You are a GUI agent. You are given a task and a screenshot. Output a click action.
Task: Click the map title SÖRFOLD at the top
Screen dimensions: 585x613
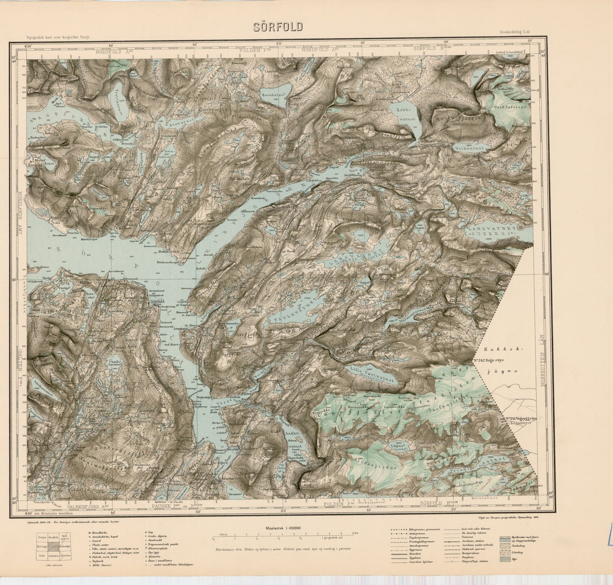[x=278, y=27]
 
